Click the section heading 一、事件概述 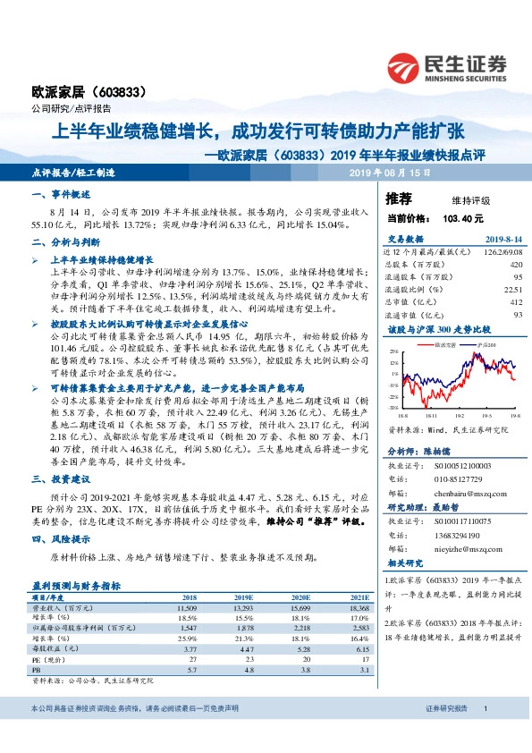pyautogui.click(x=61, y=194)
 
